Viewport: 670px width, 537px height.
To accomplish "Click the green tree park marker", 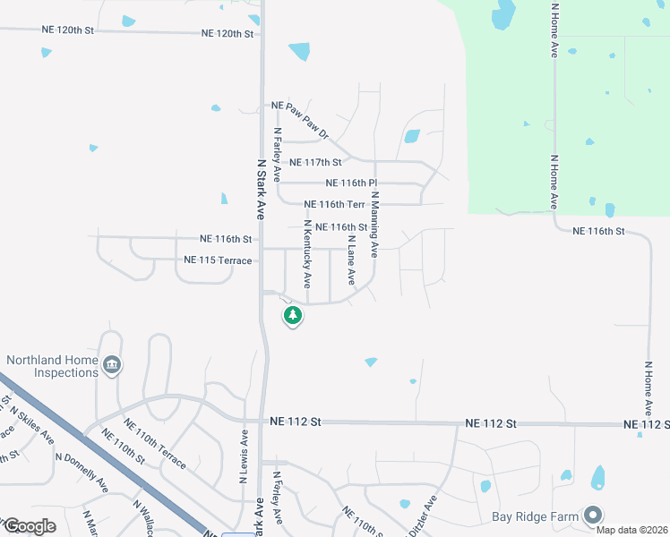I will (292, 316).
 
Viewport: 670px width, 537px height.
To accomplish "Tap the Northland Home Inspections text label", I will (51, 366).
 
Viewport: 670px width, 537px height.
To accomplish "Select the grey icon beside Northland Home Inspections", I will (113, 365).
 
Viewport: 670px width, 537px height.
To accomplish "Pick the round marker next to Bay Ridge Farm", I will (592, 515).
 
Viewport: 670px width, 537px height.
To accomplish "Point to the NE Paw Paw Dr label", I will (301, 120).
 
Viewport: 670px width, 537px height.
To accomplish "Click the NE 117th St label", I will (310, 163).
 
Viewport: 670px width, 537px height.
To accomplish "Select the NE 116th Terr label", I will (335, 205).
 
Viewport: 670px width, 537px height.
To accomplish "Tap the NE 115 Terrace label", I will (218, 260).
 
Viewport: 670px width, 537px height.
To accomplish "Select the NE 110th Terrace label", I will (155, 445).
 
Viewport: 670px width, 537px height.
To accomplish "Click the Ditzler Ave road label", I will (423, 516).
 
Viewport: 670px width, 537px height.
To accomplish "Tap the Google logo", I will (30, 525).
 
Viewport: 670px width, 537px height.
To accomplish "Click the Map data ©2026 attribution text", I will (631, 530).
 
